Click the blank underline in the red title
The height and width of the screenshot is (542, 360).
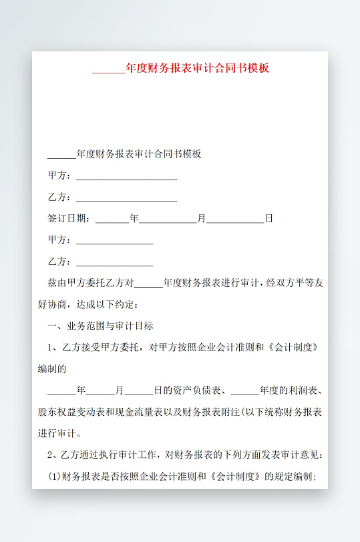pyautogui.click(x=108, y=69)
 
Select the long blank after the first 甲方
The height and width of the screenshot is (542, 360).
pyautogui.click(x=127, y=178)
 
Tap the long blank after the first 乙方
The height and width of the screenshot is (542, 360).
pyautogui.click(x=127, y=200)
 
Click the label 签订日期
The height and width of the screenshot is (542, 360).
pyautogui.click(x=67, y=218)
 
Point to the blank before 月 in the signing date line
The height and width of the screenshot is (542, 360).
pyautogui.click(x=168, y=220)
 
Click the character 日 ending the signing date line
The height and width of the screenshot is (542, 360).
pyautogui.click(x=269, y=218)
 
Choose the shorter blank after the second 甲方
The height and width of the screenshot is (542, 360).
pyautogui.click(x=115, y=242)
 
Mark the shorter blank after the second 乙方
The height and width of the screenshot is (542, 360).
pyautogui.click(x=115, y=264)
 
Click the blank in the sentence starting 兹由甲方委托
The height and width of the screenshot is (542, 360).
pyautogui.click(x=148, y=284)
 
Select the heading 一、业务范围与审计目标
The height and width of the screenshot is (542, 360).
pyautogui.click(x=100, y=326)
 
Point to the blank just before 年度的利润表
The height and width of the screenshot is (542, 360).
pyautogui.click(x=244, y=392)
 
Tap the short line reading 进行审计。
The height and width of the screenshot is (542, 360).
pyautogui.click(x=60, y=433)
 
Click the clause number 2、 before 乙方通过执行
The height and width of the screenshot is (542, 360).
pyautogui.click(x=54, y=455)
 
